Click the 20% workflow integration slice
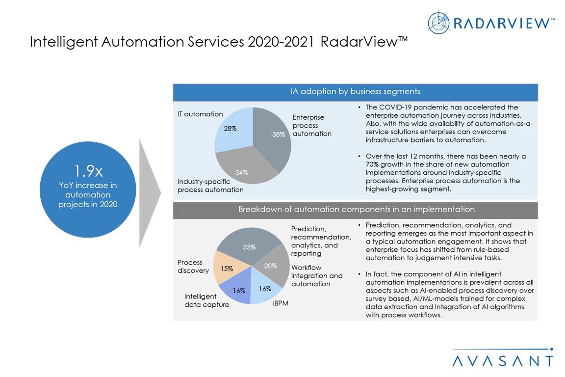pyautogui.click(x=271, y=267)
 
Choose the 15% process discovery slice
pyautogui.click(x=227, y=269)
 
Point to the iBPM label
pyautogui.click(x=280, y=303)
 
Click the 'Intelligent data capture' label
pyautogui.click(x=206, y=300)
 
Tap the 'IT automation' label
pyautogui.click(x=200, y=114)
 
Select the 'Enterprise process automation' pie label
pyautogui.click(x=312, y=125)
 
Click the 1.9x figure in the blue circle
pyautogui.click(x=88, y=171)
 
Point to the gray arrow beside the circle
pyautogui.click(x=150, y=193)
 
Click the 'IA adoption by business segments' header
pyautogui.click(x=356, y=92)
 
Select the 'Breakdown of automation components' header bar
pyautogui.click(x=356, y=210)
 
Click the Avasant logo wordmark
pyautogui.click(x=503, y=361)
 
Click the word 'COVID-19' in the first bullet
pyautogui.click(x=393, y=108)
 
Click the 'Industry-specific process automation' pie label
pyautogui.click(x=210, y=186)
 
